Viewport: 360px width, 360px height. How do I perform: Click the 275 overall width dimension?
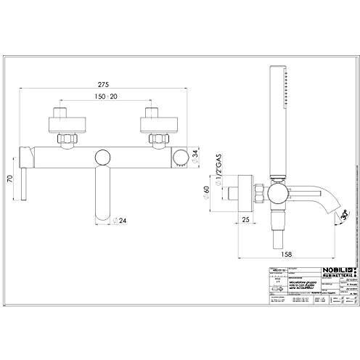tap(108, 84)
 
